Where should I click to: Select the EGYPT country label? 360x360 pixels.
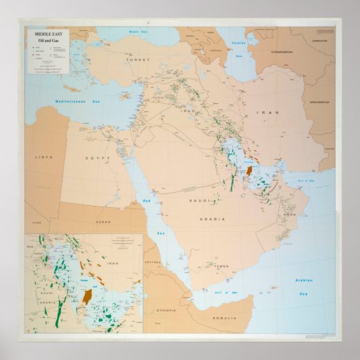96,158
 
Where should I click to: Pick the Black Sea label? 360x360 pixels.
139,32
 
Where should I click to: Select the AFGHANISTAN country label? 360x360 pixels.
318,103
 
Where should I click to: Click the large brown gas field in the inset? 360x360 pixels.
88,295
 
